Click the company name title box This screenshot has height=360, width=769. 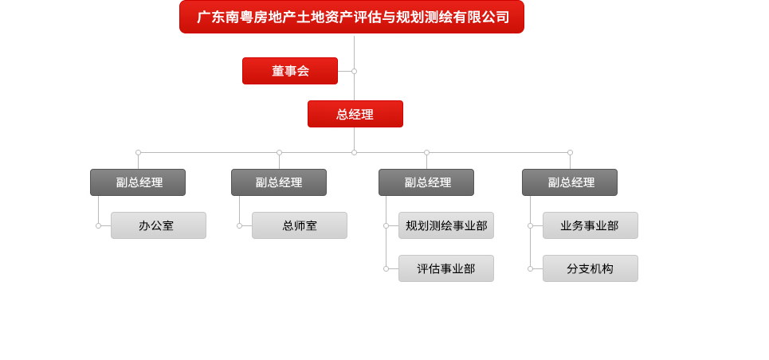[351, 17]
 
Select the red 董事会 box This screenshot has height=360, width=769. [290, 71]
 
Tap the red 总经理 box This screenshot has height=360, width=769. [355, 114]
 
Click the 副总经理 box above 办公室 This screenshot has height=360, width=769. [138, 182]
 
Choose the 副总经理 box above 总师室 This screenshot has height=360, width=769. [279, 182]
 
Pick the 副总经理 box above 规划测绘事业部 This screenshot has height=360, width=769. [426, 182]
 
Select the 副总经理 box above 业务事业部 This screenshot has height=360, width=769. [570, 182]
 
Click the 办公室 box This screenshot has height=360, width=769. [159, 225]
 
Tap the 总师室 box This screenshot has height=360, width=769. [300, 225]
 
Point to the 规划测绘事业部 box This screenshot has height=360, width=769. [445, 225]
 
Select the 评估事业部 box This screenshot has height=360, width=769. [445, 268]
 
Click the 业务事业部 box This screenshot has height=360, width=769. [590, 225]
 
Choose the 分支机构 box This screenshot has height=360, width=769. [590, 268]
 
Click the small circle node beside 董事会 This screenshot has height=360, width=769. [354, 71]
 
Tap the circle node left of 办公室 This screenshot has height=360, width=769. [98, 225]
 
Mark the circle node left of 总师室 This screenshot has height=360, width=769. [239, 225]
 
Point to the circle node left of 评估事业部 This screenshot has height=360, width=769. [386, 268]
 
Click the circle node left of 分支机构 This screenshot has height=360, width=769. [530, 268]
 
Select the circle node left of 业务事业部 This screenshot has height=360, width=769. [530, 225]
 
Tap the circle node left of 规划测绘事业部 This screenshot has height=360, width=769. [386, 225]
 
